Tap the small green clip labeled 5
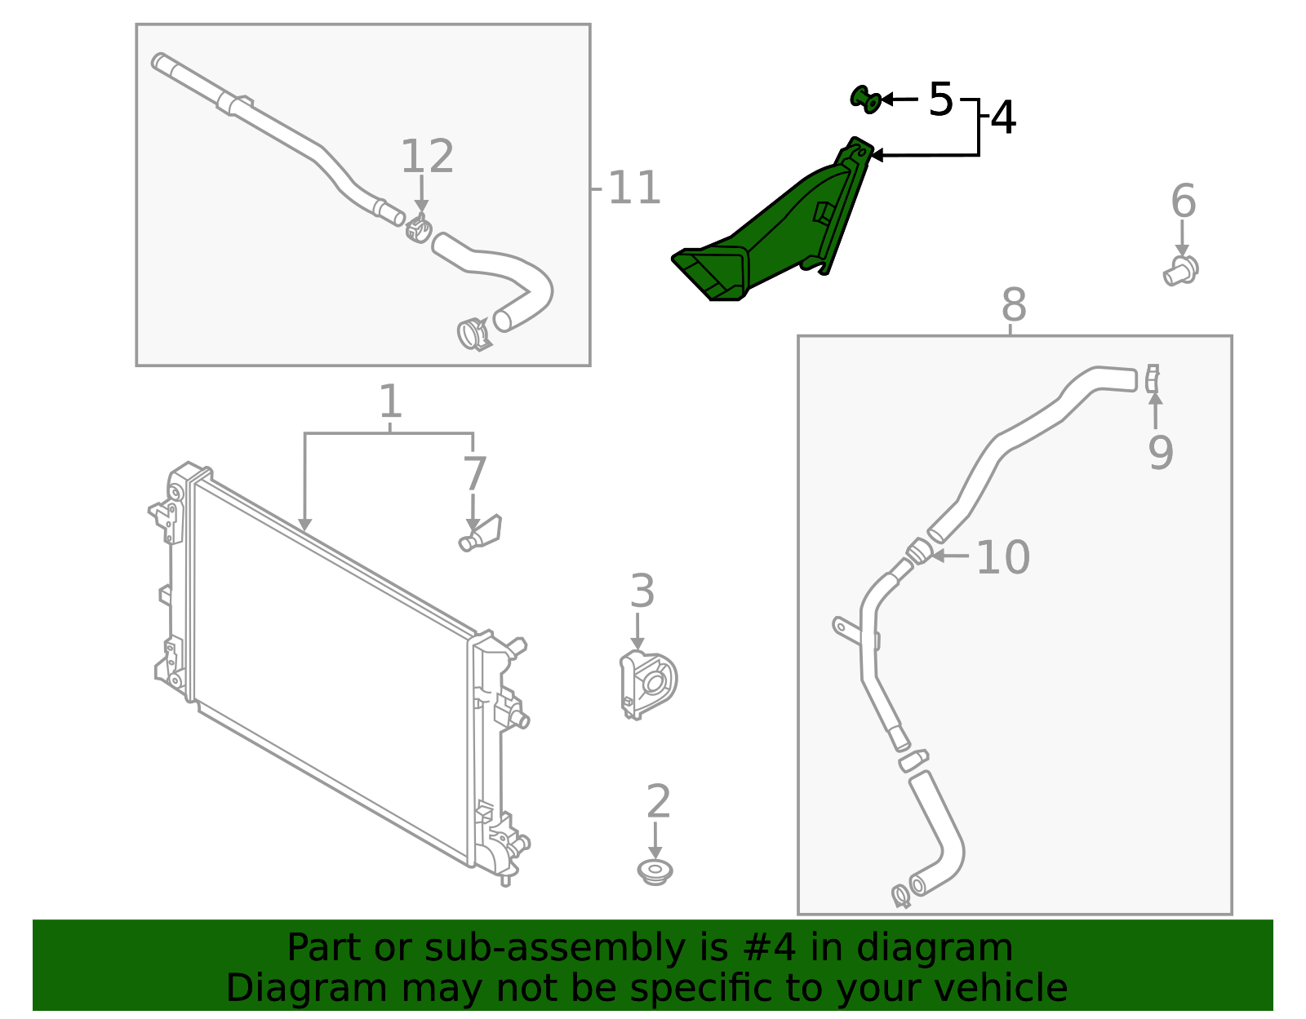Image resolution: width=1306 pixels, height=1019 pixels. click(865, 100)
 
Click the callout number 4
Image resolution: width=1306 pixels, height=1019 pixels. click(1003, 119)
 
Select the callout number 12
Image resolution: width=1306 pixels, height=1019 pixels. click(427, 157)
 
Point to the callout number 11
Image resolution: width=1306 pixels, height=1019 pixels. click(633, 189)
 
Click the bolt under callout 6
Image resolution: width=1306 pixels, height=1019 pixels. click(1181, 270)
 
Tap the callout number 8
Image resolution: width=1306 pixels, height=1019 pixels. click(1013, 307)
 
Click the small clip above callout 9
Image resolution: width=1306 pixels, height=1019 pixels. click(1152, 379)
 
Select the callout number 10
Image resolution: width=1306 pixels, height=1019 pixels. click(1002, 558)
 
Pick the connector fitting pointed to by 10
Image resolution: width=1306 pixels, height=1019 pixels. click(919, 552)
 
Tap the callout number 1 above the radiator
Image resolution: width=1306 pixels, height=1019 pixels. click(390, 403)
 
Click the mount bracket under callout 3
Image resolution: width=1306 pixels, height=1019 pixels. click(648, 684)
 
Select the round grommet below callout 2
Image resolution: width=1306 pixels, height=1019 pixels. click(655, 871)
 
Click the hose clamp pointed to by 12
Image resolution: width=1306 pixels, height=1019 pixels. click(419, 228)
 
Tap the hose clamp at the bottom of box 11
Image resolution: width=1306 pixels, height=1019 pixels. click(473, 333)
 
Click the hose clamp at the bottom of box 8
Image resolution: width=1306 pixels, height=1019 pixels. click(901, 896)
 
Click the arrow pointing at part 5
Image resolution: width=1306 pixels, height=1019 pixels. click(900, 100)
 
